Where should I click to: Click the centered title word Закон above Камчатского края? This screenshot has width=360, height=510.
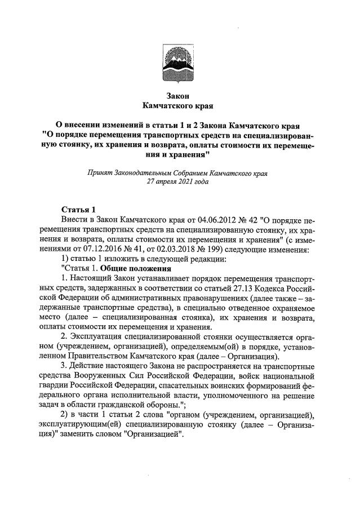click(180, 95)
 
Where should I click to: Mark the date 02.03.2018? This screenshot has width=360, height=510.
click(180, 249)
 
